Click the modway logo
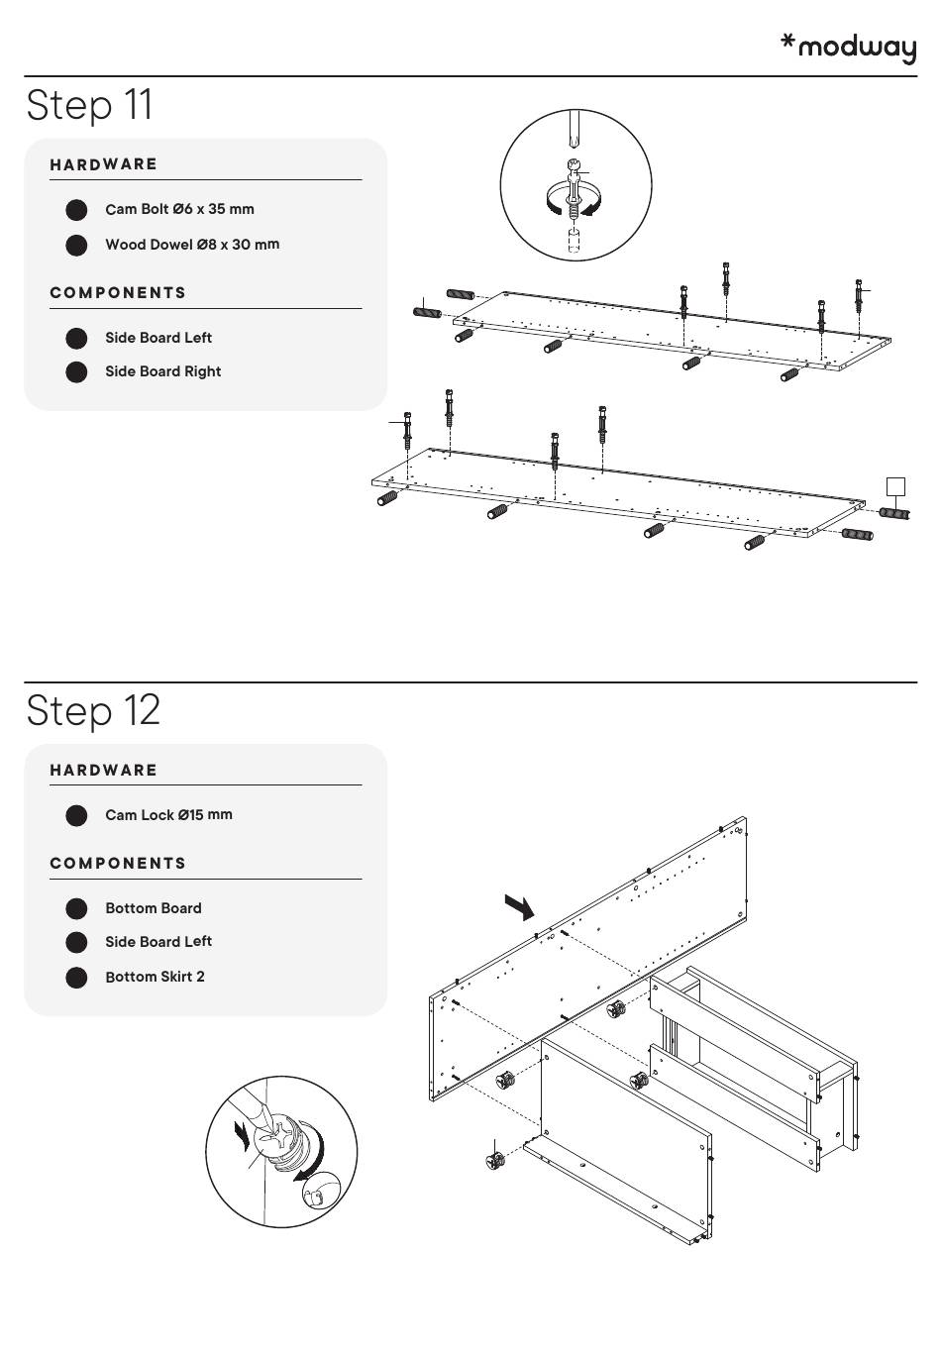(849, 47)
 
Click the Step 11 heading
(90, 105)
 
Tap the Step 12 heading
(93, 710)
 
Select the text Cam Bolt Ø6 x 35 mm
(179, 209)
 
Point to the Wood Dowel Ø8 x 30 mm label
(192, 245)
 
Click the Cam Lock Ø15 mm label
(168, 815)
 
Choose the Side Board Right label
(162, 371)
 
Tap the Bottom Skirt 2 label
(155, 977)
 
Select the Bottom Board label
(153, 908)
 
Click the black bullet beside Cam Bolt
(76, 210)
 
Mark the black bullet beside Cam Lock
(76, 816)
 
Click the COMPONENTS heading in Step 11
(118, 293)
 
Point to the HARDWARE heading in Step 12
(104, 771)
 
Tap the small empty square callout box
(894, 486)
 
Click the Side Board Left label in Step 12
(158, 942)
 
